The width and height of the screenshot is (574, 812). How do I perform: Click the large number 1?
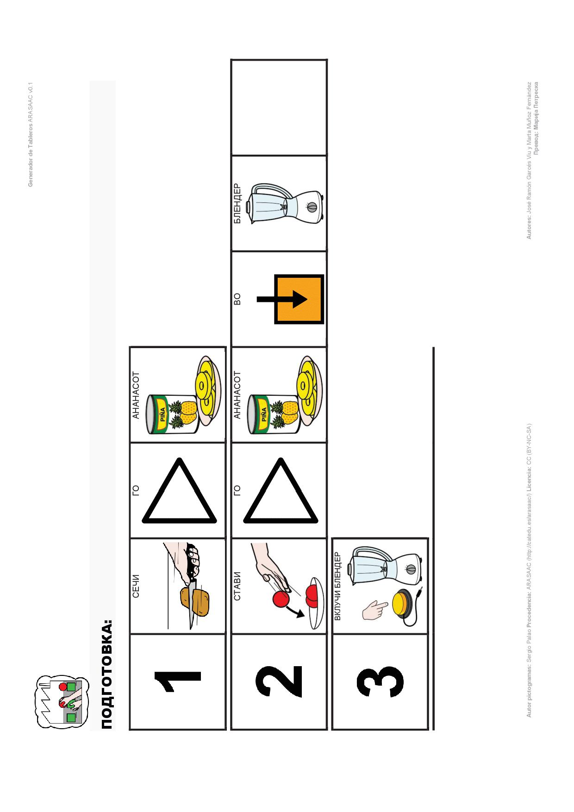pyautogui.click(x=177, y=681)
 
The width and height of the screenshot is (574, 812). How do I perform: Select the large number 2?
pyautogui.click(x=279, y=681)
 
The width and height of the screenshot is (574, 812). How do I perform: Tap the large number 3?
pyautogui.click(x=380, y=681)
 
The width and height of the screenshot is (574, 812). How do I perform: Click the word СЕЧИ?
pyautogui.click(x=136, y=586)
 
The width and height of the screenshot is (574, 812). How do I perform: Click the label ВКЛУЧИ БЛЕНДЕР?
pyautogui.click(x=337, y=586)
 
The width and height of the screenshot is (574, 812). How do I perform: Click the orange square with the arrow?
pyautogui.click(x=299, y=299)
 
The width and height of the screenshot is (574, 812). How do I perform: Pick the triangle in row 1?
pyautogui.click(x=179, y=491)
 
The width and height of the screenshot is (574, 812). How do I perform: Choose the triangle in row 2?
pyautogui.click(x=281, y=491)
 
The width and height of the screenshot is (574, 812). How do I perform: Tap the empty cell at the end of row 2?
pyautogui.click(x=279, y=108)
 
